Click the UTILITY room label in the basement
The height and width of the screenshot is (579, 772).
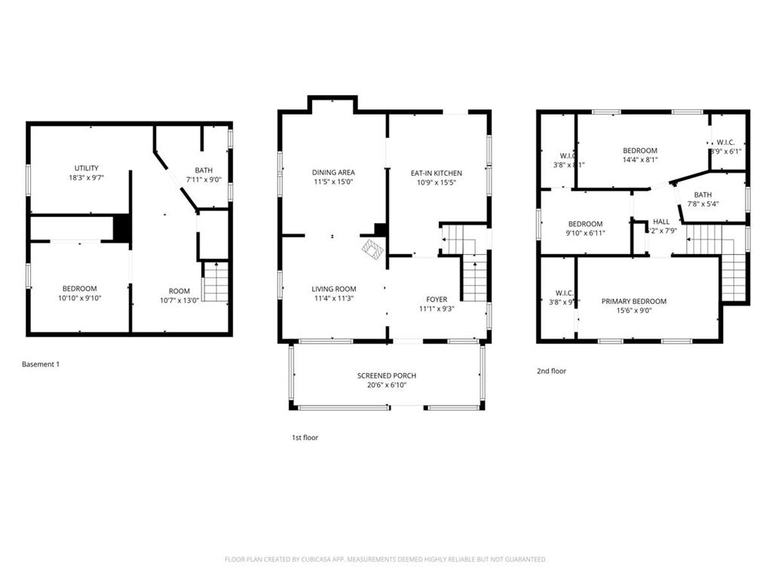click(x=86, y=168)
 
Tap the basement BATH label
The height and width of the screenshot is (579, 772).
click(x=204, y=170)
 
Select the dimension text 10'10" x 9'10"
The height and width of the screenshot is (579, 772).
click(x=79, y=299)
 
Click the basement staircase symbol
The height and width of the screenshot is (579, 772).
click(x=216, y=282)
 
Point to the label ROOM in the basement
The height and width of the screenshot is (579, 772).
click(x=179, y=291)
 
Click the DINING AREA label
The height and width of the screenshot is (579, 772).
click(x=333, y=173)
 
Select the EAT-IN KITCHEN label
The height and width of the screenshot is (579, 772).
click(x=437, y=173)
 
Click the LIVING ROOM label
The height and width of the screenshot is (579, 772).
click(x=334, y=289)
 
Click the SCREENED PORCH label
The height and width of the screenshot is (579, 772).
click(x=387, y=375)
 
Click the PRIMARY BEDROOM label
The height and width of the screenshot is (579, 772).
click(x=634, y=302)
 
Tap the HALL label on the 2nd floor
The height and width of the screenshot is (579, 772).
click(x=661, y=221)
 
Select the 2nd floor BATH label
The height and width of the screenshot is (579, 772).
click(x=703, y=195)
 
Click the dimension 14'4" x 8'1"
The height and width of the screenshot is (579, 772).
click(x=640, y=160)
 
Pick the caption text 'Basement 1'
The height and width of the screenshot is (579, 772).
click(x=41, y=364)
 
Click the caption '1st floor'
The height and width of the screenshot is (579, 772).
click(x=305, y=437)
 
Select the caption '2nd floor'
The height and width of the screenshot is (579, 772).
click(x=551, y=371)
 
